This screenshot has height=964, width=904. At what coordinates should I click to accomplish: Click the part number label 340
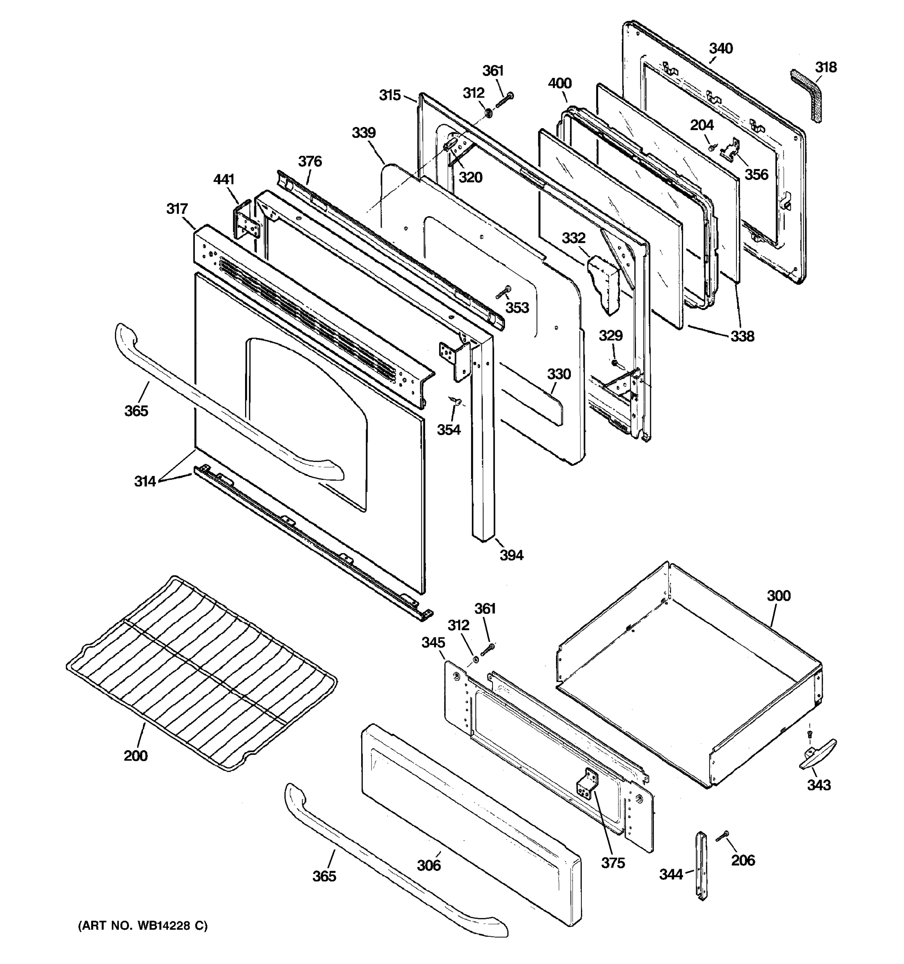click(x=721, y=49)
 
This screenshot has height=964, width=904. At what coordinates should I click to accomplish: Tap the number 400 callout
click(x=560, y=84)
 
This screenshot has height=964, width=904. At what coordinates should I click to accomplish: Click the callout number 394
click(x=511, y=555)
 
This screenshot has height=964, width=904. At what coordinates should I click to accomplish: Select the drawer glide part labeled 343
click(x=818, y=761)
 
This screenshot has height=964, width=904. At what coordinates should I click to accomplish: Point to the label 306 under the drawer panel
click(x=429, y=865)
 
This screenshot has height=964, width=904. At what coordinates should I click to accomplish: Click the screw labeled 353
click(x=503, y=292)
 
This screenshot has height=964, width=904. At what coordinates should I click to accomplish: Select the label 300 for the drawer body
click(x=778, y=595)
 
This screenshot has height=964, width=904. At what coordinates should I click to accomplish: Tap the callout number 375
click(x=613, y=863)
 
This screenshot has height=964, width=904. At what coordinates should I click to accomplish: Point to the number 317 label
click(x=177, y=209)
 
